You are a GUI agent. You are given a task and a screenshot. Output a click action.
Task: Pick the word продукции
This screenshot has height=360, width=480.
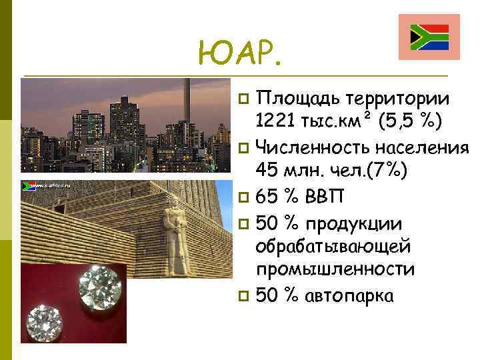[x=367, y=221]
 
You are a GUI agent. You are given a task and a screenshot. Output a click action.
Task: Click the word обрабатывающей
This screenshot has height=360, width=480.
[x=333, y=246]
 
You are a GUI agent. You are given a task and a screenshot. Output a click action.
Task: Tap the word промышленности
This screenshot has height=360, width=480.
[x=335, y=269]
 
